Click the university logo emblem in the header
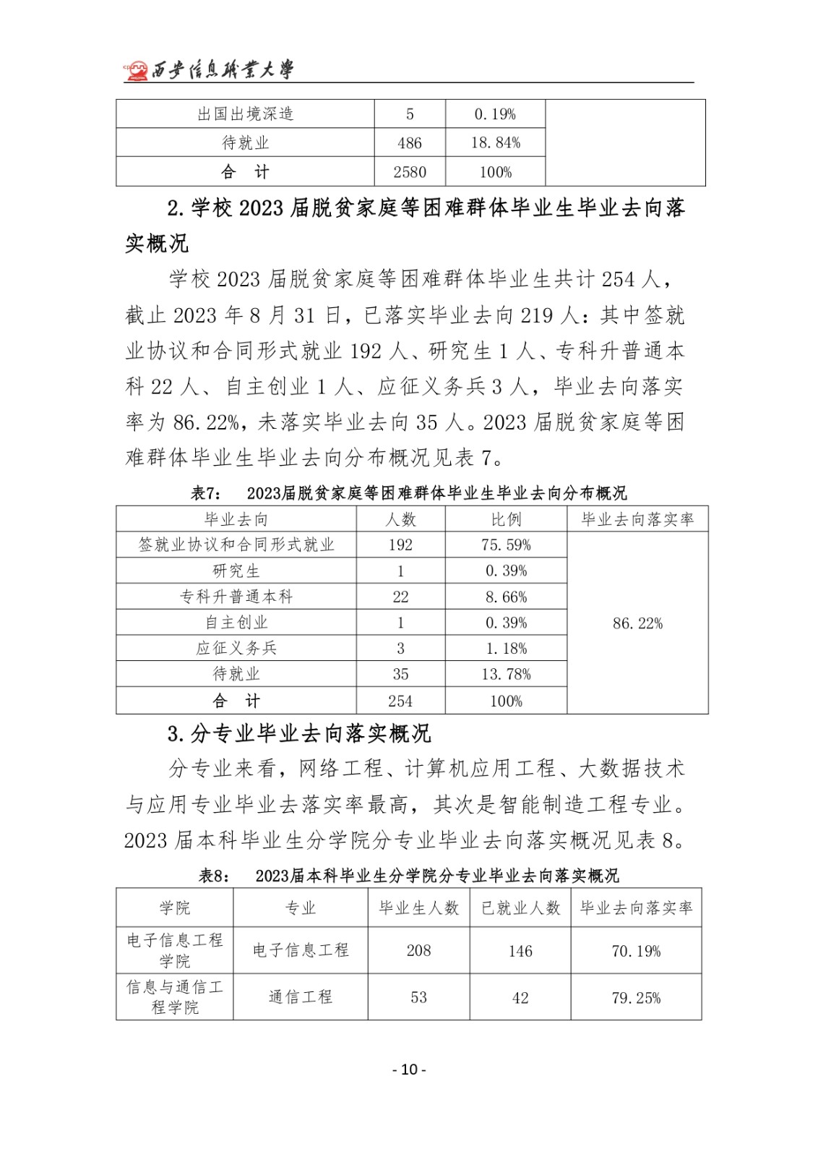[135, 70]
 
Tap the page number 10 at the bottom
[409, 1070]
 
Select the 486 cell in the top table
[409, 143]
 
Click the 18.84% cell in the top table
[496, 143]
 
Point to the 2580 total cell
[409, 172]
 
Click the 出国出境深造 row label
[245, 114]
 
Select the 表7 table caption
[408, 493]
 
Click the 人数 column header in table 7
[400, 519]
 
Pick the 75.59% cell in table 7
[506, 545]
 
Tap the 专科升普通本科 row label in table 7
[236, 597]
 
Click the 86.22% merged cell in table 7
[637, 623]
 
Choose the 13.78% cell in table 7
[506, 674]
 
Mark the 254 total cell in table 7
[400, 701]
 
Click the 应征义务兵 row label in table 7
[236, 648]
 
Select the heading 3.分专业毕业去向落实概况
[299, 734]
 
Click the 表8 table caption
[408, 876]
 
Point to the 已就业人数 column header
[520, 908]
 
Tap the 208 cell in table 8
[418, 951]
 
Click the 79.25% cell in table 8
[636, 998]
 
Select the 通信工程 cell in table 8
[301, 997]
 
